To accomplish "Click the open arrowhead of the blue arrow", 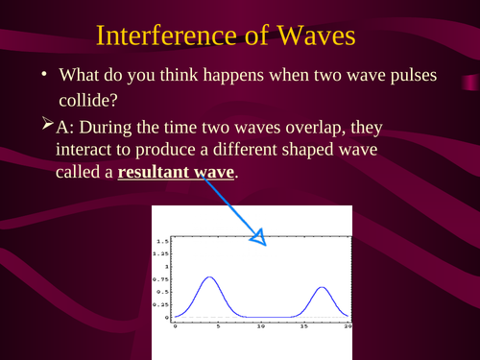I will (259, 237).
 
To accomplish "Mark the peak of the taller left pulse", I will (209, 278).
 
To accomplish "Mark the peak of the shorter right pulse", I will (323, 287).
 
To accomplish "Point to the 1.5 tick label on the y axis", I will (162, 240).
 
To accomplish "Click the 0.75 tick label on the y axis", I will (160, 278).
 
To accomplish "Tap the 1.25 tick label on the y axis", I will (160, 252).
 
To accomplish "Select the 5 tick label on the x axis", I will (217, 325).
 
